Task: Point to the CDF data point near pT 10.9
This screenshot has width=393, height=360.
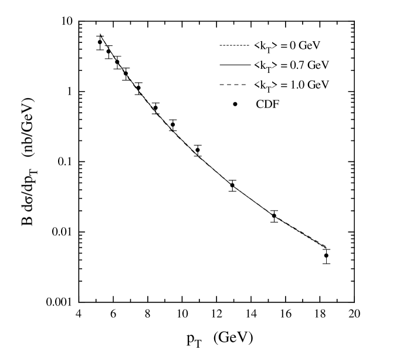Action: [198, 150]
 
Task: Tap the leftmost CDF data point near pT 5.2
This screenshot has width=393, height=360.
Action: [100, 42]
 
